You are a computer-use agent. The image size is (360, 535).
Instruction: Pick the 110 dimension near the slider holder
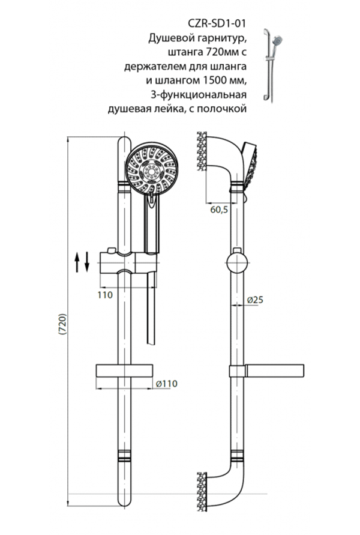(104, 294)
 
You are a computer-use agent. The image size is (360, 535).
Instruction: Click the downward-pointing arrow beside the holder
(87, 262)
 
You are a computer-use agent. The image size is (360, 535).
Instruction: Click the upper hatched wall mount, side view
(201, 150)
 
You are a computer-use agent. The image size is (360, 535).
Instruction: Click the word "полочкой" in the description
(225, 108)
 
